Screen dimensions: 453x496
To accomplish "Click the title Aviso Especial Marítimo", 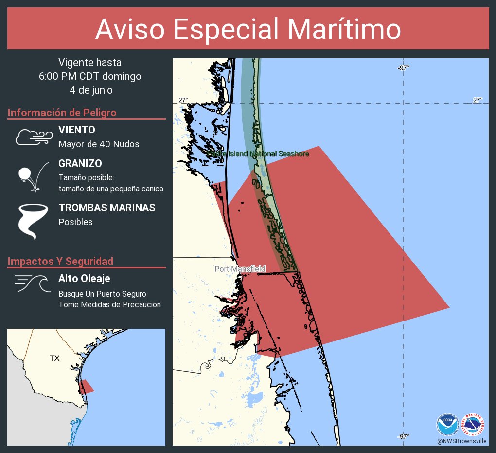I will pos(248,30).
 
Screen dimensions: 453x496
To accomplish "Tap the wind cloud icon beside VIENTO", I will pos(34,137).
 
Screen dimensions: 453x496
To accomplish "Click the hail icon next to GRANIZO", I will pos(33,176).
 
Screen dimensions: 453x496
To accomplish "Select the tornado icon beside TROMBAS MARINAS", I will pos(33,221).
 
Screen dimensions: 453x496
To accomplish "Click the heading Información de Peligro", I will pos(62,113).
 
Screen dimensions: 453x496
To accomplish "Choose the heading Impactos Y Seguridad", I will pos(60,262).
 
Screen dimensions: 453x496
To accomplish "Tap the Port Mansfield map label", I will pos(240,269).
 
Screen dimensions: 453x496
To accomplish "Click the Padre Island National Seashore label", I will pos(258,154).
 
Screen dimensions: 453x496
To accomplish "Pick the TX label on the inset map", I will pos(54,359).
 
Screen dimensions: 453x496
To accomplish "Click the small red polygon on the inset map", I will pos(86,387).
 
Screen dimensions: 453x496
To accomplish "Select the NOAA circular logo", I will pos(447,424).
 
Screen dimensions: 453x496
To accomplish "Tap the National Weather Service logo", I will pos(473,424).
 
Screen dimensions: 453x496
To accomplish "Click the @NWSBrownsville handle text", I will pos(461,441).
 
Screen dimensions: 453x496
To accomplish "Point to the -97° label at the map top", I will pos(403,68).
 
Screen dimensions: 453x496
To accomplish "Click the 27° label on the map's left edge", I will pos(183,100).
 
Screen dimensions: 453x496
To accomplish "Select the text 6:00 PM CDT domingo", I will pos(90,76).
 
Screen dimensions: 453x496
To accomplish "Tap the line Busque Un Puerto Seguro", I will pos(102,294).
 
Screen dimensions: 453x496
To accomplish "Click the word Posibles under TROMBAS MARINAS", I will pos(75,222).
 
